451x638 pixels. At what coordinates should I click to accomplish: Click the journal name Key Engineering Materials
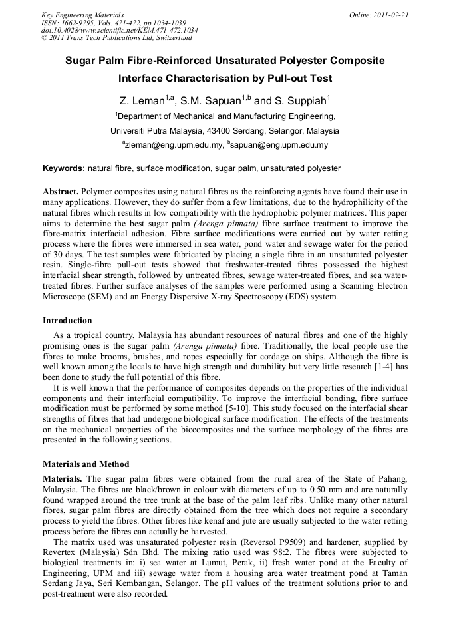coord(82,15)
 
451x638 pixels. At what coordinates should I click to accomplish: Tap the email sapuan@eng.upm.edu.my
coord(279,144)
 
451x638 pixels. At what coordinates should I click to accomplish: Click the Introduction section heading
coord(67,321)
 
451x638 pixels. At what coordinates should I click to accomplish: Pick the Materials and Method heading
coord(86,464)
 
